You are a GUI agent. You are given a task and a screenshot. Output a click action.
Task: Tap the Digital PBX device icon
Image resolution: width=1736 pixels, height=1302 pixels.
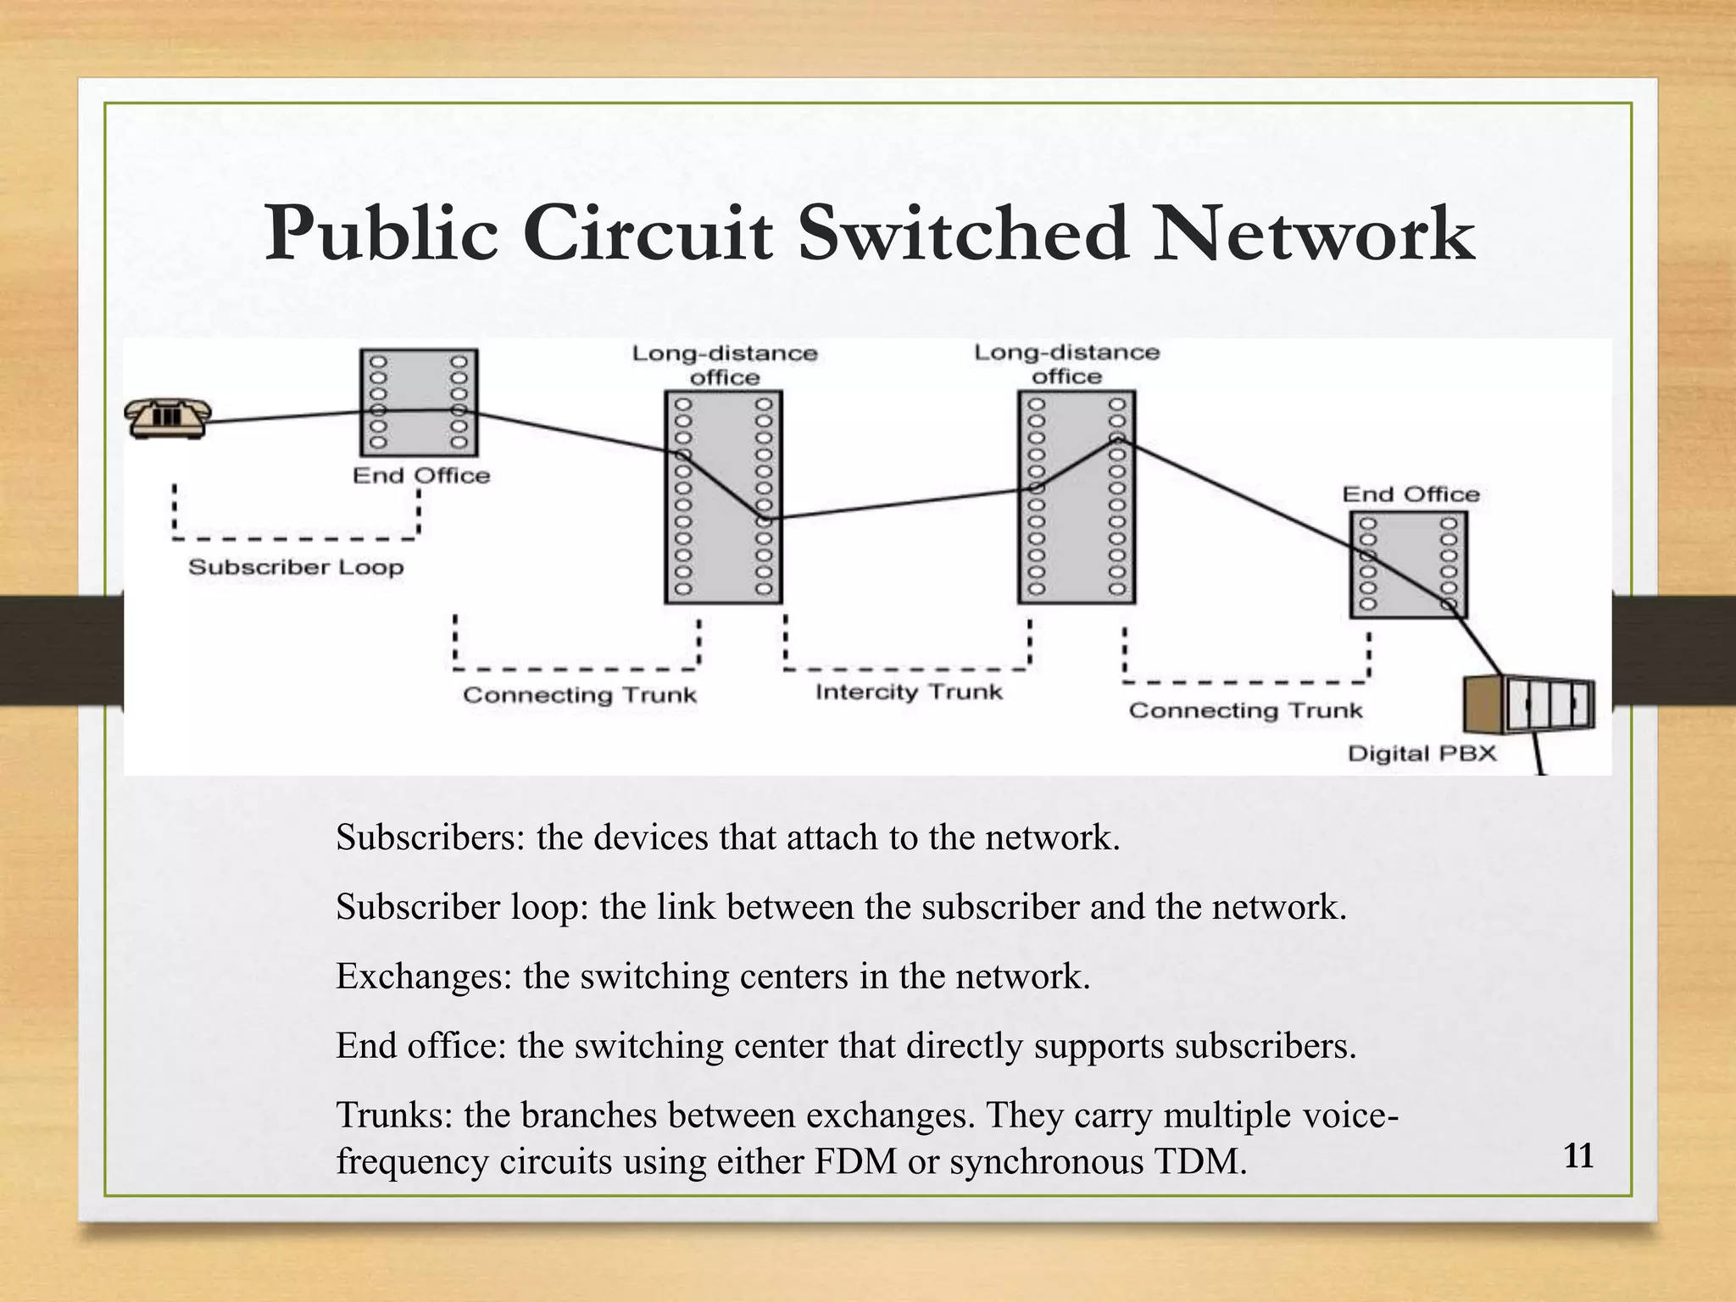1531,705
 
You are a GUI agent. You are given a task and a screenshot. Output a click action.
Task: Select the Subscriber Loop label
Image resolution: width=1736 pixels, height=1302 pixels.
295,567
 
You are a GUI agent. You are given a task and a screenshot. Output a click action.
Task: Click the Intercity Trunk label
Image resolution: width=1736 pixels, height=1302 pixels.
909,693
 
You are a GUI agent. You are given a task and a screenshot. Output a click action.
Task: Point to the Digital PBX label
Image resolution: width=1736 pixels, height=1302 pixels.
1422,754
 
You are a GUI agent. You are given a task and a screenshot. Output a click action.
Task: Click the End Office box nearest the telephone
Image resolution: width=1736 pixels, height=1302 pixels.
419,403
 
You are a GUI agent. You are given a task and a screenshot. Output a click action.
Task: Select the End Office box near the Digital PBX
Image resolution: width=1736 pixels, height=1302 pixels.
1408,564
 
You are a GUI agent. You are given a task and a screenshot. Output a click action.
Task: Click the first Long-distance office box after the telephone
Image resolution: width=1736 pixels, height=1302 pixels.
723,497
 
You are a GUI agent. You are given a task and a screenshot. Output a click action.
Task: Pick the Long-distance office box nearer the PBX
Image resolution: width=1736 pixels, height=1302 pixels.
1076,497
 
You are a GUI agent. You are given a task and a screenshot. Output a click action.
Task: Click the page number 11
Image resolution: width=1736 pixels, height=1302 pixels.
1578,1156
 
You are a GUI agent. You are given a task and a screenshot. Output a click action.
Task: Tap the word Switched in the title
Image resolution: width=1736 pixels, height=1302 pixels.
963,233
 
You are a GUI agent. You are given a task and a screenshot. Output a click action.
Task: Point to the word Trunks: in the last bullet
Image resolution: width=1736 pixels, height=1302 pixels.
395,1115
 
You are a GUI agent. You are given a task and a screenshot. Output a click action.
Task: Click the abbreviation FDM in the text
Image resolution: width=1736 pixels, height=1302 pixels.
855,1161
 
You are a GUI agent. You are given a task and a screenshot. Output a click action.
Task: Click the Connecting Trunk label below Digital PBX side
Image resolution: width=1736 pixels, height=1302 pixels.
1244,710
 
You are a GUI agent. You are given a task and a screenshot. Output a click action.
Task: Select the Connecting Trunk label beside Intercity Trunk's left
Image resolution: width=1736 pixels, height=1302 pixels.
579,695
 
